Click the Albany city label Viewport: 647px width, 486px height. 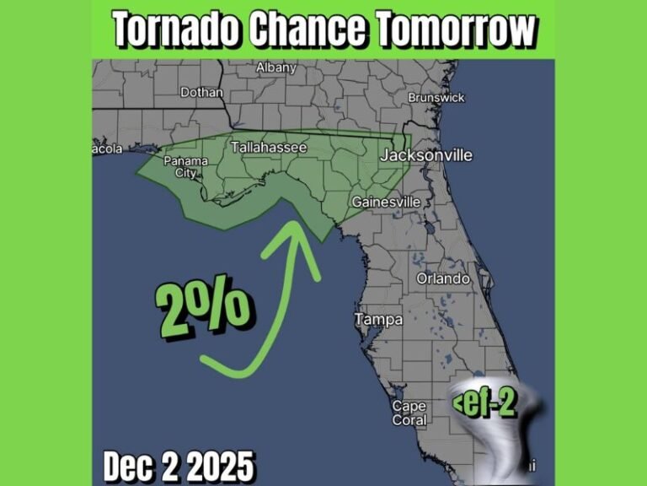click(276, 67)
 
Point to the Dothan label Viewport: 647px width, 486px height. click(202, 92)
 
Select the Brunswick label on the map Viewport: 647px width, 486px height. click(436, 98)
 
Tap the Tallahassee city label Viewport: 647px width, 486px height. click(269, 147)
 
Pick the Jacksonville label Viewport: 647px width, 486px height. click(426, 155)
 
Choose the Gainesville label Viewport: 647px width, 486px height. click(385, 202)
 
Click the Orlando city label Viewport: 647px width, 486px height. click(443, 278)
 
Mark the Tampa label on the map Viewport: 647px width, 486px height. click(378, 320)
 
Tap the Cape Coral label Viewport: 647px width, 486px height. click(409, 413)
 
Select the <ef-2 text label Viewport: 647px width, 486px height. click(484, 402)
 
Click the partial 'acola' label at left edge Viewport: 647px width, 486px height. click(107, 149)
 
